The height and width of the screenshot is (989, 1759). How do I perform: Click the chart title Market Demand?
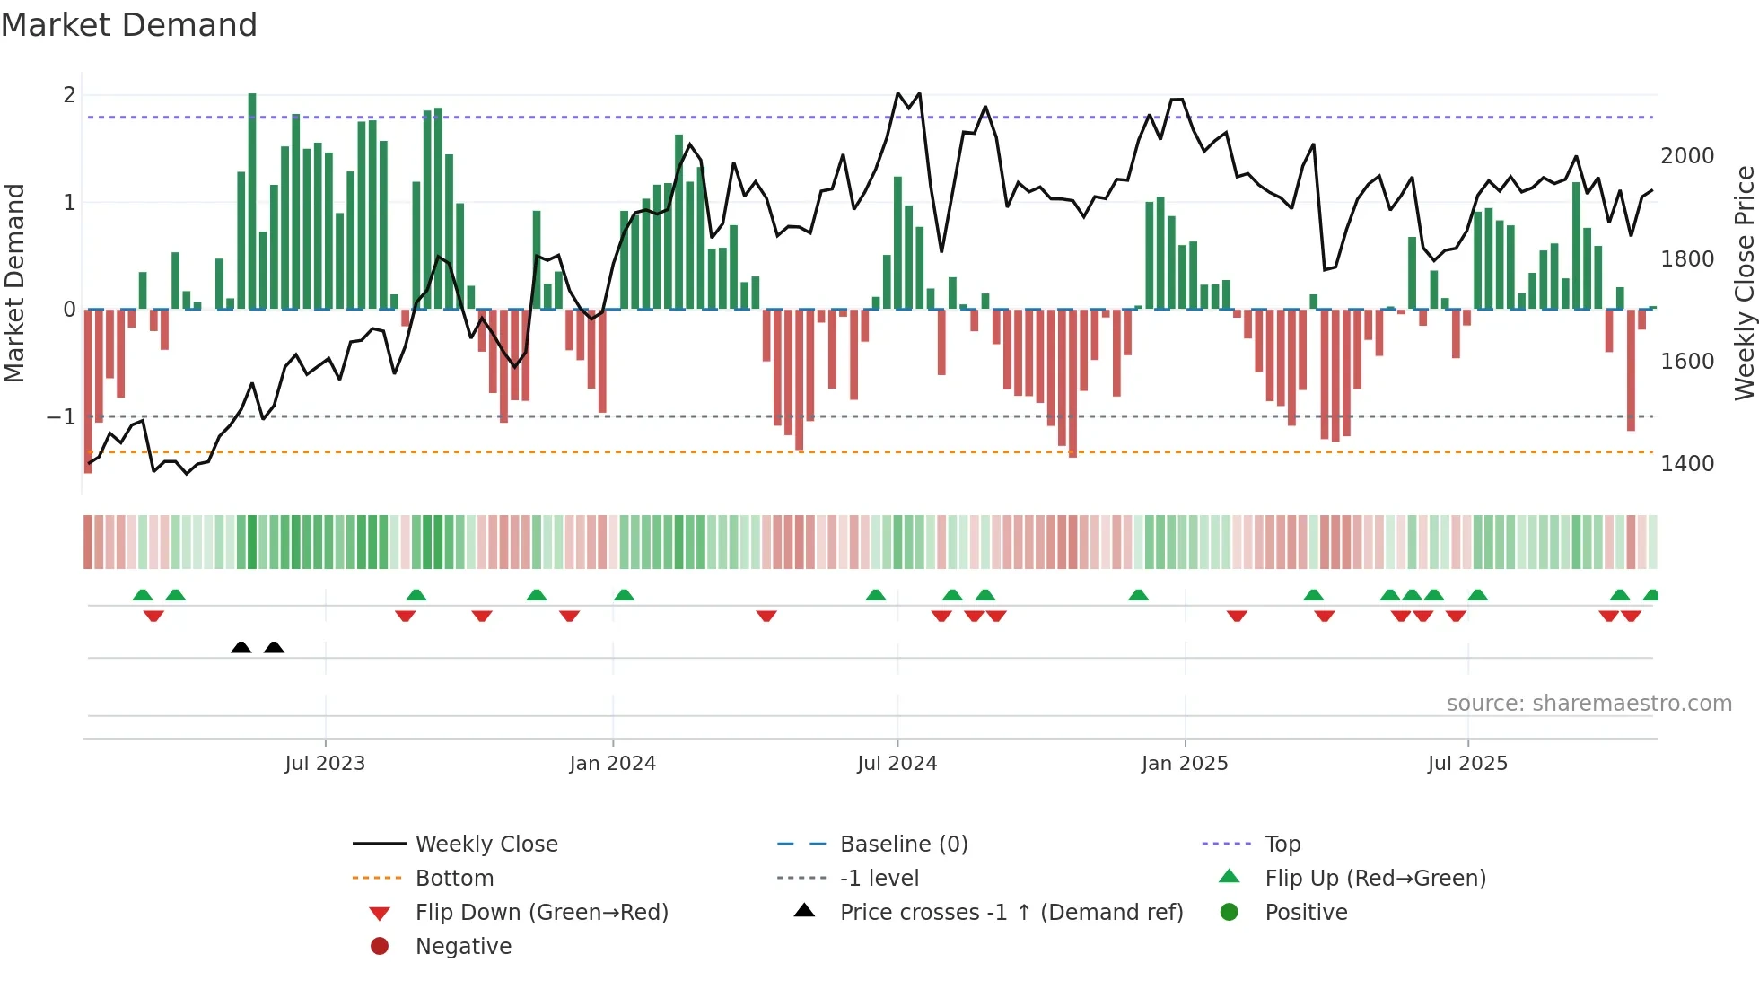[x=129, y=25]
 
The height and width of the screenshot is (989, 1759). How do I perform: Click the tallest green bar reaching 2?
[x=252, y=201]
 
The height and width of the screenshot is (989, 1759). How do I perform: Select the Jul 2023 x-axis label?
[x=325, y=764]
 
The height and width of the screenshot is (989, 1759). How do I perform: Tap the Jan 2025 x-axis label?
[x=1185, y=764]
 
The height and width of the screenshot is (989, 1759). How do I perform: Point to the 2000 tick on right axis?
[x=1687, y=156]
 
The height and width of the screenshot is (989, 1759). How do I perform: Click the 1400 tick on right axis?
[x=1687, y=464]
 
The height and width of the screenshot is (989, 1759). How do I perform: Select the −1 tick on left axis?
[x=61, y=417]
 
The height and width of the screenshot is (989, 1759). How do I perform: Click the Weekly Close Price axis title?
[x=1744, y=283]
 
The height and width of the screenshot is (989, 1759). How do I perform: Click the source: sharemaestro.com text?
[x=1588, y=704]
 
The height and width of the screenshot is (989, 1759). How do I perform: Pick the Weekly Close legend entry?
[x=486, y=845]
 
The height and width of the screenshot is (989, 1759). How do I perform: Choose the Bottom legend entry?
[x=454, y=879]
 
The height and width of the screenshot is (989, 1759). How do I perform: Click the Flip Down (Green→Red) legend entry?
[x=541, y=913]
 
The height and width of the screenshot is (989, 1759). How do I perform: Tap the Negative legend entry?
[x=463, y=947]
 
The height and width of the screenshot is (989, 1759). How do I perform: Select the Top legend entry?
[x=1282, y=845]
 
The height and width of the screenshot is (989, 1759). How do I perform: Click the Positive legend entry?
[x=1306, y=913]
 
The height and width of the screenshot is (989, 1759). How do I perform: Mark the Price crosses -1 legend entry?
[x=1011, y=913]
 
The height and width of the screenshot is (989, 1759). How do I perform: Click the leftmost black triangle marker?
[x=241, y=648]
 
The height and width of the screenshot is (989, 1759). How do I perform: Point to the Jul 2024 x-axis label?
[x=897, y=764]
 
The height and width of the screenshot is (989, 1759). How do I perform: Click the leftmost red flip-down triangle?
[x=153, y=616]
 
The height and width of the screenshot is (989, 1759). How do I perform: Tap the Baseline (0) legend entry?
[x=903, y=845]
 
